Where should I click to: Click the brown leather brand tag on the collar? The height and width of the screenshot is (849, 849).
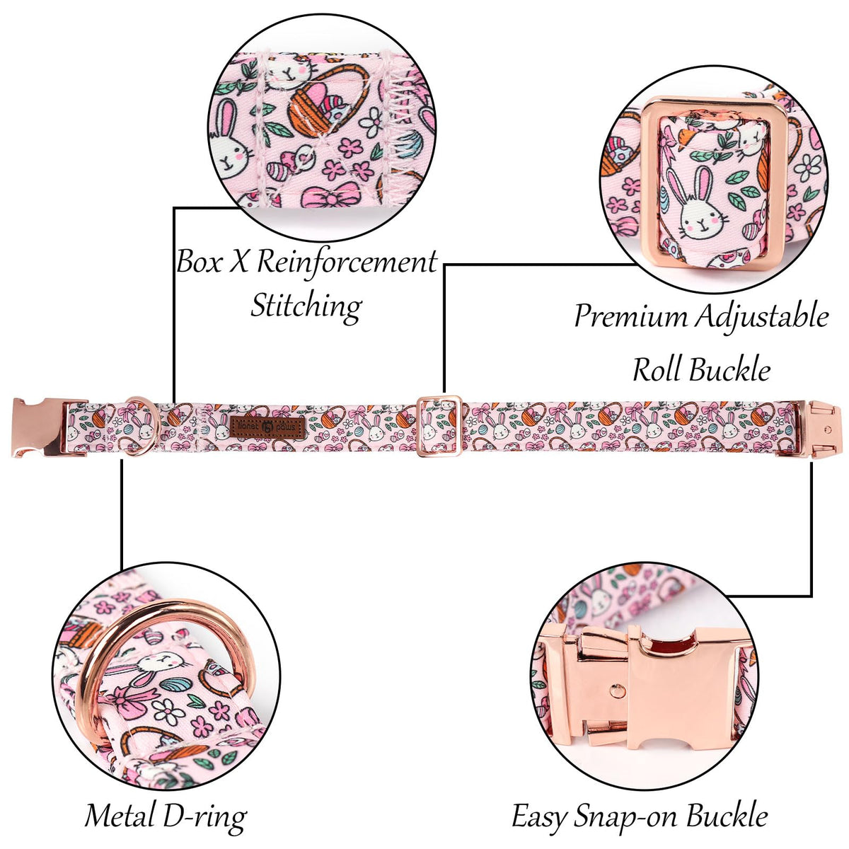click(267, 427)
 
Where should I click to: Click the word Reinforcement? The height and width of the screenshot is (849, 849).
click(346, 262)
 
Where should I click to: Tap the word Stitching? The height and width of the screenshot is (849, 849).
click(306, 306)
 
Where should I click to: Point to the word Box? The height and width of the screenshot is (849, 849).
click(199, 262)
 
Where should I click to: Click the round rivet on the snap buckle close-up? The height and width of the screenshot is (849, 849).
click(617, 691)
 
